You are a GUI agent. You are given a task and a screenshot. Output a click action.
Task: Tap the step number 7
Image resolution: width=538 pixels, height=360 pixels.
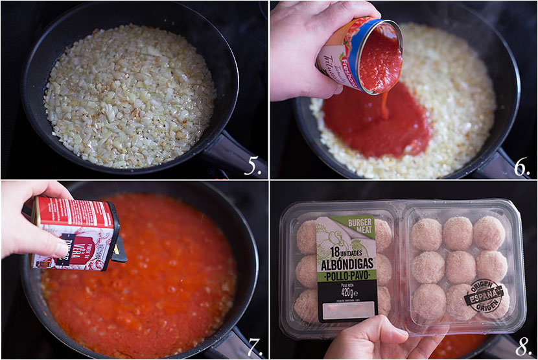coord(253,347)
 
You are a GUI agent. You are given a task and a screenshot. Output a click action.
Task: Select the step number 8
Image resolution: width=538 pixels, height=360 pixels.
coord(522,347)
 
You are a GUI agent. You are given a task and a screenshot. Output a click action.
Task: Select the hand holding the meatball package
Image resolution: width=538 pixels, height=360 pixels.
coord(376,341)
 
